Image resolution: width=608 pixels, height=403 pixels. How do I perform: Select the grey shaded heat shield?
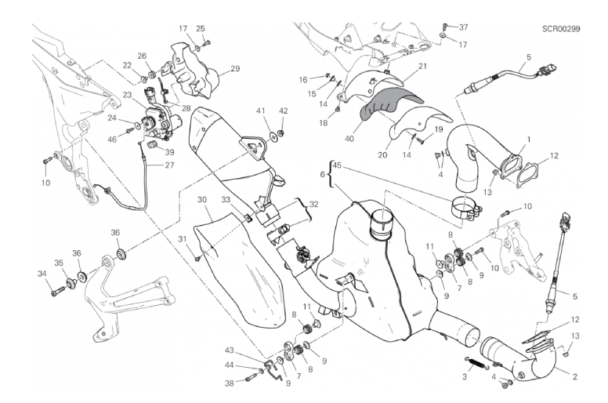click(390, 104)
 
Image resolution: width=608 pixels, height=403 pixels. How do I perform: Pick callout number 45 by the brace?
click(338, 165)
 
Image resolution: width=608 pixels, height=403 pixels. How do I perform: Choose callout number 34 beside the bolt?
click(42, 274)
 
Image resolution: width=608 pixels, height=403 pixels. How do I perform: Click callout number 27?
click(171, 165)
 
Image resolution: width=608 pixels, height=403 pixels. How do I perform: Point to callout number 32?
click(313, 204)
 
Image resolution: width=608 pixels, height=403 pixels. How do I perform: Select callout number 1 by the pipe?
click(528, 140)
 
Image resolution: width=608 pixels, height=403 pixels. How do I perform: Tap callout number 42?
click(283, 111)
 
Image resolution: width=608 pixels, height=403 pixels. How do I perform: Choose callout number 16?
click(303, 80)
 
